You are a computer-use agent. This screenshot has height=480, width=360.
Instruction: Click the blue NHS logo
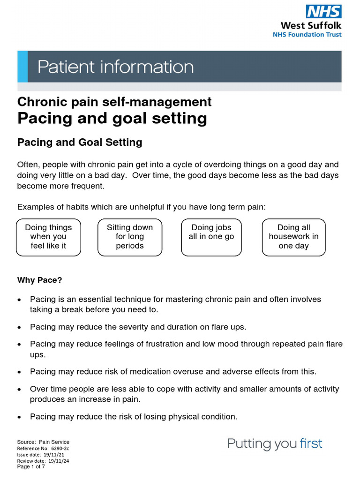pos(323,11)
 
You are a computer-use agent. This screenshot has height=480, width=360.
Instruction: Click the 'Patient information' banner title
pos(115,67)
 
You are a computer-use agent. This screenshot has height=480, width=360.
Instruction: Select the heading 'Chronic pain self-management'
pos(114,102)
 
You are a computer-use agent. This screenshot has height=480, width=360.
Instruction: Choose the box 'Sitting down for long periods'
pos(130,237)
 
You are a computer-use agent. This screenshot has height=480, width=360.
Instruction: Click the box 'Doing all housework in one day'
pos(293,237)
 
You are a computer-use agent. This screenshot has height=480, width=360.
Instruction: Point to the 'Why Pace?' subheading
pos(39,280)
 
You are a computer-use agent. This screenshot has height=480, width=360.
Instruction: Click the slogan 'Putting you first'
pos(275,443)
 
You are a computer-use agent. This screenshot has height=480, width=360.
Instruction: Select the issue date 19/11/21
pos(54,455)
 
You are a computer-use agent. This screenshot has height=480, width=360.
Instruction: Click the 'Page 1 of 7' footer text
pos(31,467)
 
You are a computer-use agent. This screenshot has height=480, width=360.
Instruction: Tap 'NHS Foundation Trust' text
pos(307,34)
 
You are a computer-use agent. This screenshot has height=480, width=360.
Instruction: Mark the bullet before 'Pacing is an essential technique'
pos(19,300)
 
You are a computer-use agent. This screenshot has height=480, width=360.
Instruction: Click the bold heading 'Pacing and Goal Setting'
pos(80,142)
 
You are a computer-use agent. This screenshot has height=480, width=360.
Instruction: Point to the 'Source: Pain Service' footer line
pos(43,442)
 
